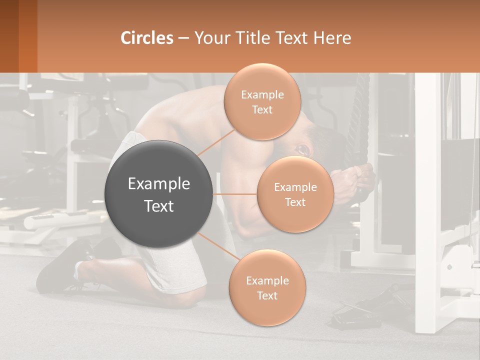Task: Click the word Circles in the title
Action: pyautogui.click(x=147, y=37)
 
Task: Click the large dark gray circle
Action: pyautogui.click(x=159, y=194)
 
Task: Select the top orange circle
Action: pyautogui.click(x=262, y=101)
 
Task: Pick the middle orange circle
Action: pyautogui.click(x=295, y=194)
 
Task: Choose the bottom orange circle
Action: pyautogui.click(x=267, y=288)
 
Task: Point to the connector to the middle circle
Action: pyautogui.click(x=234, y=194)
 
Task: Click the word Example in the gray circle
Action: pyautogui.click(x=159, y=184)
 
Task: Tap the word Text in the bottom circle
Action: pyautogui.click(x=267, y=295)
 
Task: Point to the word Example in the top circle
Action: pyautogui.click(x=262, y=94)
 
